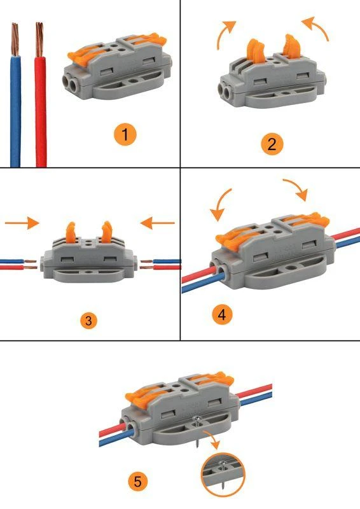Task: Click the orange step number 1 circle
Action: [125, 134]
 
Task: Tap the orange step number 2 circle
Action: [272, 144]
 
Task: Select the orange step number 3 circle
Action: [90, 320]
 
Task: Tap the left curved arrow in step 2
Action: [226, 34]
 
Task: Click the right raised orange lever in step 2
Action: [293, 48]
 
